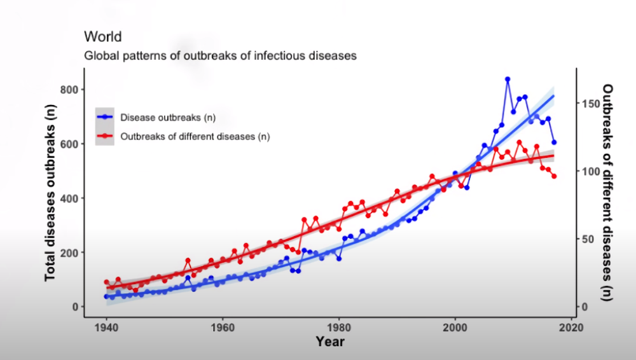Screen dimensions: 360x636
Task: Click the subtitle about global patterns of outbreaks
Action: click(x=220, y=55)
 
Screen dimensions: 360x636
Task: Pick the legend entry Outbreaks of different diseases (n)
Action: click(x=195, y=136)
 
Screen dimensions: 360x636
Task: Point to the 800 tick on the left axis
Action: click(x=69, y=90)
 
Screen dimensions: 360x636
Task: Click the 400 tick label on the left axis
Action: click(x=69, y=198)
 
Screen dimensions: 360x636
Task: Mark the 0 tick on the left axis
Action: click(x=75, y=307)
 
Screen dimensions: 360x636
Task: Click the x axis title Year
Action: click(x=330, y=342)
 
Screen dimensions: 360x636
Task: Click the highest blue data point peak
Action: click(x=508, y=80)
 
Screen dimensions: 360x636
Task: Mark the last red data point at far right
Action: click(x=554, y=176)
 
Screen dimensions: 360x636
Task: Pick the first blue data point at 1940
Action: click(x=106, y=296)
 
